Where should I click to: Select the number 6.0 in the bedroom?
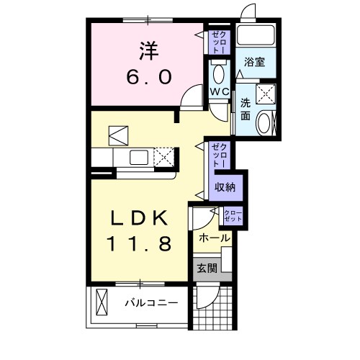[x=149, y=76]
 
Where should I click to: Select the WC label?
[x=219, y=92]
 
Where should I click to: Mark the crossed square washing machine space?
[x=266, y=93]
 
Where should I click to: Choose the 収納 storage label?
[x=224, y=187]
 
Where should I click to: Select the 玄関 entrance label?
[x=207, y=269]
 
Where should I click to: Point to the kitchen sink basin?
[x=138, y=157]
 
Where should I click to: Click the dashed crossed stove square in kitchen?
[x=165, y=156]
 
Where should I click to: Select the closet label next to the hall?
[x=233, y=215]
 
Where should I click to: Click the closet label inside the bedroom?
[x=217, y=41]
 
